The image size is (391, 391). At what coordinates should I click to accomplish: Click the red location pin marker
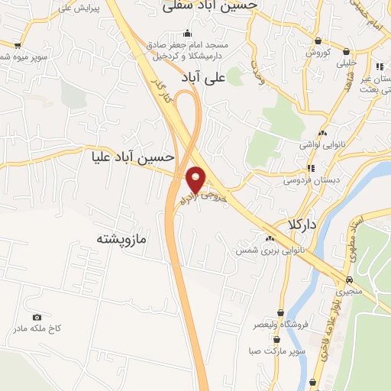click(196, 180)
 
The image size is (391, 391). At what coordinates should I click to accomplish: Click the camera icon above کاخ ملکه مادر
click(37, 317)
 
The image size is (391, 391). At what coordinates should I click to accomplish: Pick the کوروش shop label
click(317, 52)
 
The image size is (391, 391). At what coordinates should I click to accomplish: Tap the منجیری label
click(351, 291)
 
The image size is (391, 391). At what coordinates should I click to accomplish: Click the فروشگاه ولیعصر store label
click(280, 325)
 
